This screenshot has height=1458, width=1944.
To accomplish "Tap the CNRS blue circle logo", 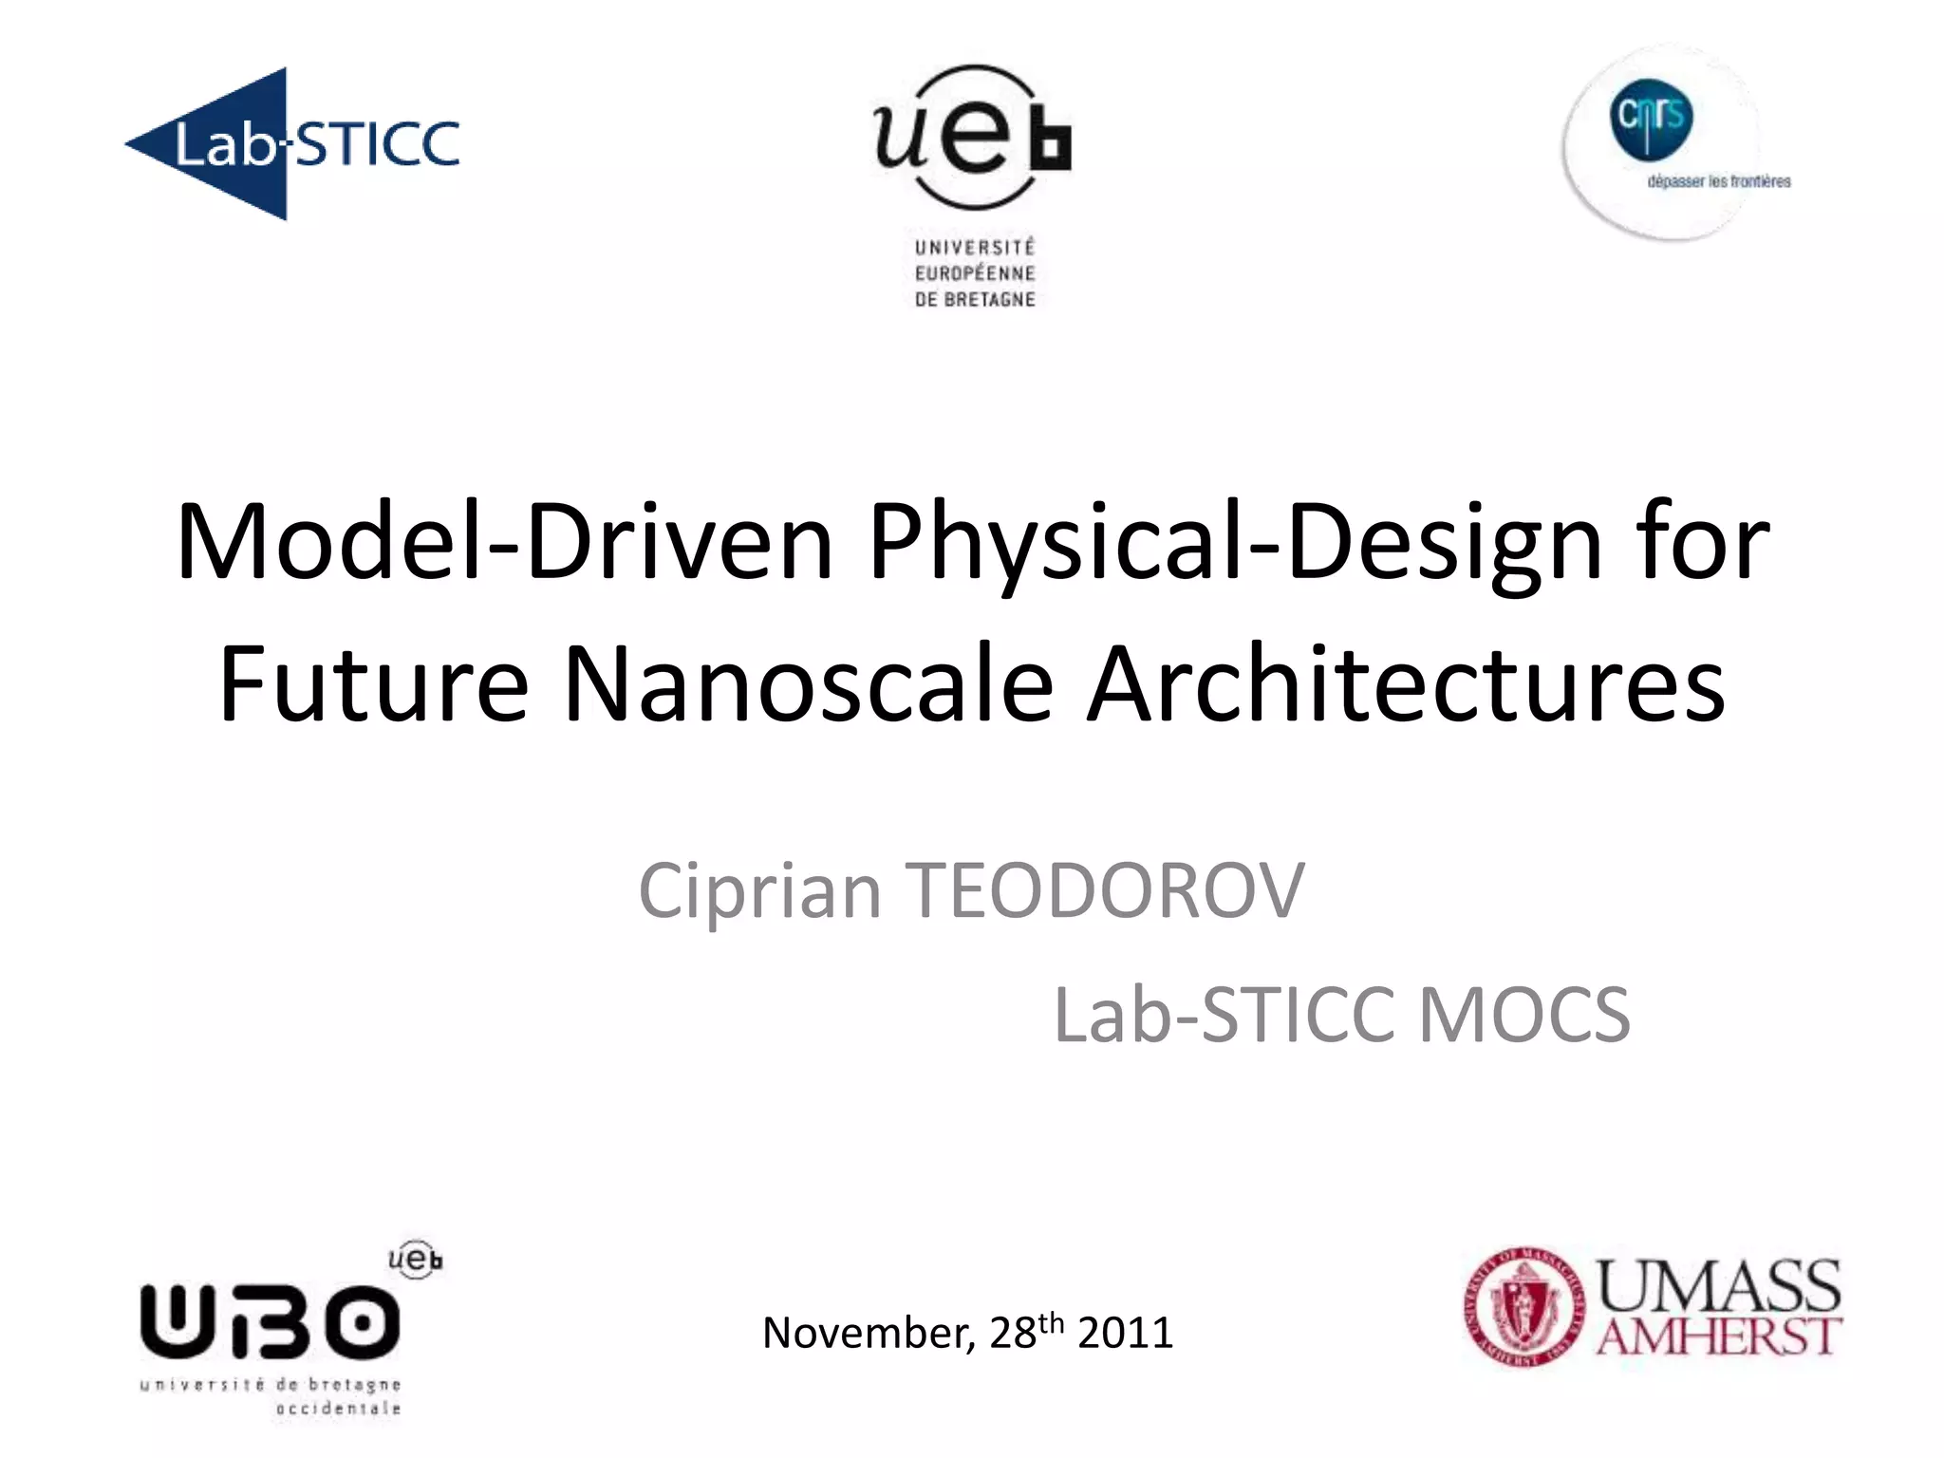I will pos(1651,120).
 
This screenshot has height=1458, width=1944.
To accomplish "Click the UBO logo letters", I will pos(270,1319).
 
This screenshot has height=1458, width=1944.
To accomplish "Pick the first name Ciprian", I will pos(759,892).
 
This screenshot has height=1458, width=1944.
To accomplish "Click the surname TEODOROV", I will pos(1107,892).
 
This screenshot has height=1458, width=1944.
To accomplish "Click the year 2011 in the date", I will pos(1126,1333).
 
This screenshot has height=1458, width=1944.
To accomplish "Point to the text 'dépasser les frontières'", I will pos(1719,181).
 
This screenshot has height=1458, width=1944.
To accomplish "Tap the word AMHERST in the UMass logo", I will pos(1719,1336).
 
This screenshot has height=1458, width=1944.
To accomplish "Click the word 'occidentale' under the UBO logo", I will pos(338,1409).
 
